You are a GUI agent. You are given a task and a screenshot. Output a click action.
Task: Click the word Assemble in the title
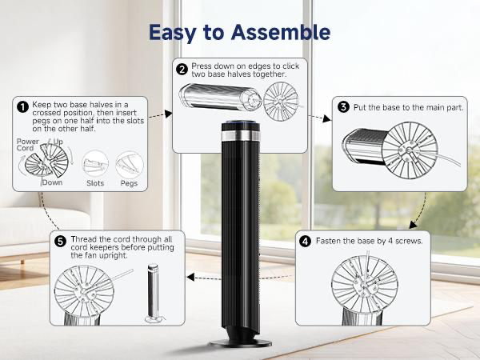point(281,32)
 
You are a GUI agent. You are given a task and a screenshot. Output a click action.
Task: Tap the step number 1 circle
point(23,107)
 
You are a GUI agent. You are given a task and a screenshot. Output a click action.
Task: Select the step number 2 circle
point(182,70)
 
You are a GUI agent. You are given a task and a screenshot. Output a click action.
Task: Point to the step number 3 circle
point(343,107)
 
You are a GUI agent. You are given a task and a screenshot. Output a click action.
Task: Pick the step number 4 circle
point(305,242)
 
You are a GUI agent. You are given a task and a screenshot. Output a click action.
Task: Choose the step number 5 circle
point(60,242)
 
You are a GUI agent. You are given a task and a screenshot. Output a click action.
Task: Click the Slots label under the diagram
point(95,183)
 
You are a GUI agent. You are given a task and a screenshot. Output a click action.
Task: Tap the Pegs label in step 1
point(129,183)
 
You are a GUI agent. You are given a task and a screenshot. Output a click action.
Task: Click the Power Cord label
point(27,145)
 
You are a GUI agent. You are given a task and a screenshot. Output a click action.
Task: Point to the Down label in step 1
point(52,182)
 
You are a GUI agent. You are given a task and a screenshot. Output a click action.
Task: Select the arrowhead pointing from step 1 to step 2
point(168,114)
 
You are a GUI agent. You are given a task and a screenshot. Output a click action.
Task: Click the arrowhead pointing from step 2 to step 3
point(327,118)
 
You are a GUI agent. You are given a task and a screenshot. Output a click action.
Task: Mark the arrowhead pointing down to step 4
point(414,225)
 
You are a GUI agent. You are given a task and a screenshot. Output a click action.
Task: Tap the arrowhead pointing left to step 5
point(190,278)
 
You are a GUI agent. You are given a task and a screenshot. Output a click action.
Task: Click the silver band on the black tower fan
point(240,136)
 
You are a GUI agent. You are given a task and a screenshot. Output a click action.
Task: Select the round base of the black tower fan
point(241,343)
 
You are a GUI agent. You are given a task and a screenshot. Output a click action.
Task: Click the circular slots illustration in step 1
point(95,163)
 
